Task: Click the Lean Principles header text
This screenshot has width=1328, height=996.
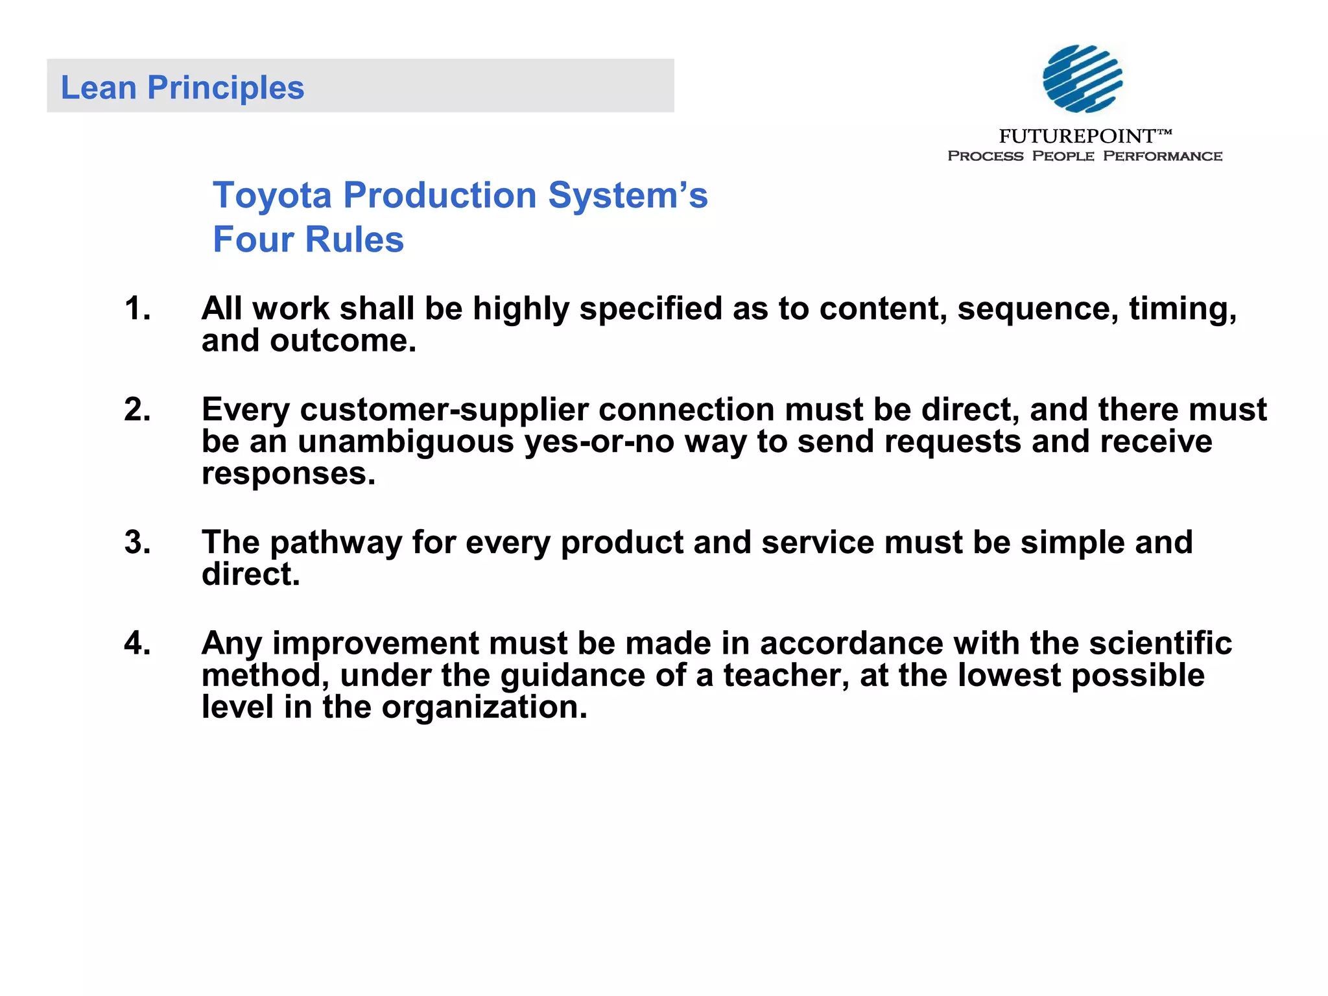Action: (x=182, y=88)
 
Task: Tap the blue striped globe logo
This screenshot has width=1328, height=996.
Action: (x=1082, y=78)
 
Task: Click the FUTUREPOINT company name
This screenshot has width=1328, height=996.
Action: (x=1078, y=136)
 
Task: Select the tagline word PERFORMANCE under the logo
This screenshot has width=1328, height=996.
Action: (x=1162, y=156)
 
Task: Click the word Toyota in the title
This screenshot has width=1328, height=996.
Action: (x=272, y=195)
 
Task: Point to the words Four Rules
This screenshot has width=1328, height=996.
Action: (x=308, y=239)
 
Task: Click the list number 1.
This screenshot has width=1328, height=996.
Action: (x=136, y=309)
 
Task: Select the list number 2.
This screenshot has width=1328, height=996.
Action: (x=136, y=410)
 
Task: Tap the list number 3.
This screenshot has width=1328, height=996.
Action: (x=136, y=542)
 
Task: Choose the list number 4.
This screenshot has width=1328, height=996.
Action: (x=136, y=643)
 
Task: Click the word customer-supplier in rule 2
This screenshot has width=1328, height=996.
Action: (x=444, y=410)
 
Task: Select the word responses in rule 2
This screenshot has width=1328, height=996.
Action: (x=288, y=473)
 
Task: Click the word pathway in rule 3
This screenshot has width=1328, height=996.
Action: (x=336, y=542)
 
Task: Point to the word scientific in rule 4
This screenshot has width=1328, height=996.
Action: (x=1161, y=643)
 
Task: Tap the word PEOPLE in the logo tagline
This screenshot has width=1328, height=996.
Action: (x=1063, y=156)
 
